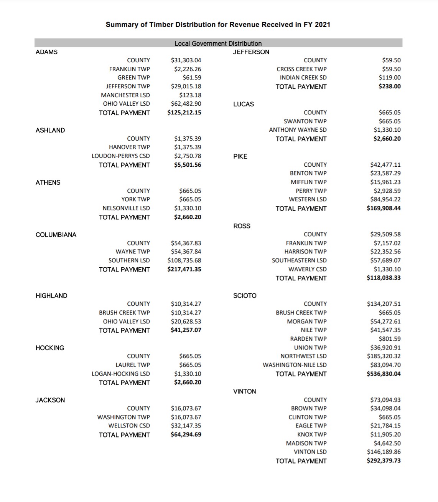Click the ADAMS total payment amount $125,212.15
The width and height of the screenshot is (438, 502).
coord(184,113)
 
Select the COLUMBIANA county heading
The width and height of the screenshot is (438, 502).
coord(56,235)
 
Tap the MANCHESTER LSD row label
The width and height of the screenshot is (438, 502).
coord(125,95)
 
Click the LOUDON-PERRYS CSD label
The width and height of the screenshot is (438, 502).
coord(121,156)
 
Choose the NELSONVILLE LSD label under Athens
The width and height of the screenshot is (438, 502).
coord(126,208)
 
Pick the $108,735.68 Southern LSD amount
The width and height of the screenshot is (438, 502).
coord(184,260)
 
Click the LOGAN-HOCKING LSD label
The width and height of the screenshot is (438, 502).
coord(121,374)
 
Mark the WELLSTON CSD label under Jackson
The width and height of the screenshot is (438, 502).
coord(129,426)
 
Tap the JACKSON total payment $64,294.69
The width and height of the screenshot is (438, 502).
coord(186,434)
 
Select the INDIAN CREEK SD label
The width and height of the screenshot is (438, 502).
coord(303,78)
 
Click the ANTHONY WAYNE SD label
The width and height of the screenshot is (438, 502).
coord(298,130)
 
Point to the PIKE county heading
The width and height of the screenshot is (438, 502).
coord(240,156)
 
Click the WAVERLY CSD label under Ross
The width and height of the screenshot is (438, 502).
coord(307,269)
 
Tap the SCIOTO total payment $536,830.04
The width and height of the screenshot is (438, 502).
coord(384,374)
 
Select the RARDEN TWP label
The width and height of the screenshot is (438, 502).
coord(308,339)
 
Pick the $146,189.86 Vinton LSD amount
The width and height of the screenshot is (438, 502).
coord(384,452)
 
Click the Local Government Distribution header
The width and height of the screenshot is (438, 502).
coord(218,43)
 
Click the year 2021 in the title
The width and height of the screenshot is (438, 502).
coord(322,25)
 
